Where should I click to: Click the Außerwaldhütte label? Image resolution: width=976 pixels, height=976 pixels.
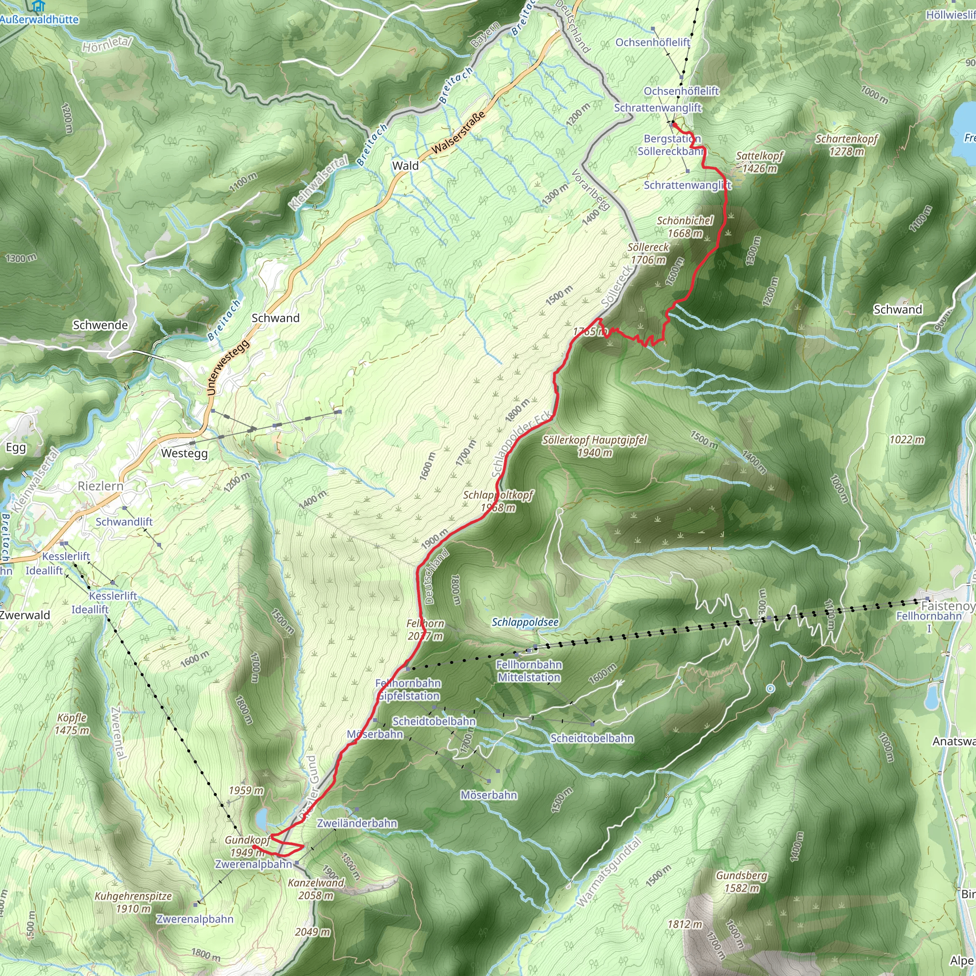pyautogui.click(x=40, y=20)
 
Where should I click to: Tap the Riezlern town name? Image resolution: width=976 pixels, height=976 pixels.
pyautogui.click(x=100, y=486)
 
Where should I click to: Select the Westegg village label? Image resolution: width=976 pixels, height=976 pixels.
pyautogui.click(x=184, y=453)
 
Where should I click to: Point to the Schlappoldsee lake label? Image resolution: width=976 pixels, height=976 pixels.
pyautogui.click(x=525, y=622)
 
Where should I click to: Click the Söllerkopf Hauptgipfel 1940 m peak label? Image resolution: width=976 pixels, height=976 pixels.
pyautogui.click(x=595, y=446)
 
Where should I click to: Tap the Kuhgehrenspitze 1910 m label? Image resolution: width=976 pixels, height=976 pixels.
pyautogui.click(x=133, y=902)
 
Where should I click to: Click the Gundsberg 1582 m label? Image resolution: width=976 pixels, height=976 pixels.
pyautogui.click(x=741, y=882)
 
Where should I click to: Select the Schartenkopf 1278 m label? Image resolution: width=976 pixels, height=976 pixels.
pyautogui.click(x=847, y=145)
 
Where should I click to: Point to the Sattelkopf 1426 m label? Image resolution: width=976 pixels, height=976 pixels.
pyautogui.click(x=759, y=162)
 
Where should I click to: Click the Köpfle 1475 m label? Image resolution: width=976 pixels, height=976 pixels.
pyautogui.click(x=72, y=724)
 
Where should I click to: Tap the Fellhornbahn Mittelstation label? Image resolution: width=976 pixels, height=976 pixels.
pyautogui.click(x=529, y=671)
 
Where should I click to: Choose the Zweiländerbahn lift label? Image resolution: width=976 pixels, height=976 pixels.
pyautogui.click(x=356, y=823)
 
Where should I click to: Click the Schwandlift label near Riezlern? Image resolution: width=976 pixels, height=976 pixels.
pyautogui.click(x=124, y=522)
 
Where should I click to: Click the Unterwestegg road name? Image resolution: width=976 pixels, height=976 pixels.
pyautogui.click(x=228, y=367)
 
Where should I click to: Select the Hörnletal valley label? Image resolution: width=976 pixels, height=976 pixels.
pyautogui.click(x=107, y=44)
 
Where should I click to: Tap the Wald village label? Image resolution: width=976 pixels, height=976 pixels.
pyautogui.click(x=405, y=166)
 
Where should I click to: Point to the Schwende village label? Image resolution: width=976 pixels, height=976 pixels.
pyautogui.click(x=100, y=325)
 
